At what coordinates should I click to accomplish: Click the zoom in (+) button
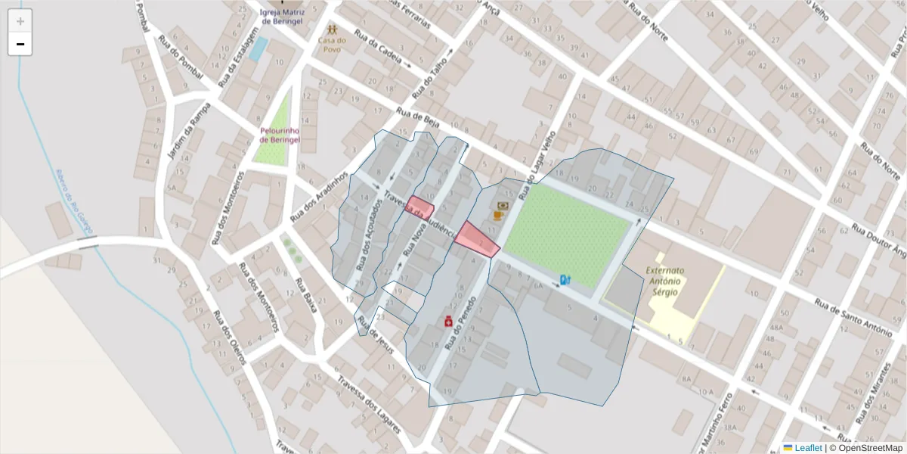(x=20, y=21)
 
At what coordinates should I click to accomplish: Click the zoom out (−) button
(x=20, y=44)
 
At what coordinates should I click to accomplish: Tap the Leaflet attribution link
(x=807, y=448)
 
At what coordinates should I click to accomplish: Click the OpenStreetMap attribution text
(x=867, y=448)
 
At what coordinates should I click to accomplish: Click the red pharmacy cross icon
(x=448, y=322)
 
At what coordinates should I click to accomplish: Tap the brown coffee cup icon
(x=498, y=216)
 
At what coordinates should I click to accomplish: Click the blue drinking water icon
(x=565, y=280)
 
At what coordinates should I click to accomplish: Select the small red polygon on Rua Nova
(x=419, y=207)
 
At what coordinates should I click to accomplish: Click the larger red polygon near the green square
(x=476, y=239)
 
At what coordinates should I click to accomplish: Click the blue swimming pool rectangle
(x=258, y=49)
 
